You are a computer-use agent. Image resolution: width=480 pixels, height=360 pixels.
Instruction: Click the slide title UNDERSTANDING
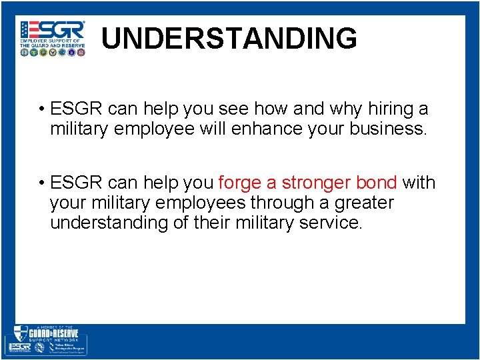click(x=229, y=39)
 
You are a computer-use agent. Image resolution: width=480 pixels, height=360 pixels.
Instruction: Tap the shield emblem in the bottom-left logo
click(x=20, y=333)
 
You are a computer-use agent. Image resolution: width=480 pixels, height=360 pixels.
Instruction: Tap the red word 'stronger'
click(x=316, y=183)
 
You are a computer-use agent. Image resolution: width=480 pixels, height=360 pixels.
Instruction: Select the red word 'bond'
click(x=377, y=183)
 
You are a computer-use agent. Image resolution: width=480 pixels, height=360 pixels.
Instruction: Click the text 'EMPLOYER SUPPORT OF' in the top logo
click(x=52, y=41)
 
